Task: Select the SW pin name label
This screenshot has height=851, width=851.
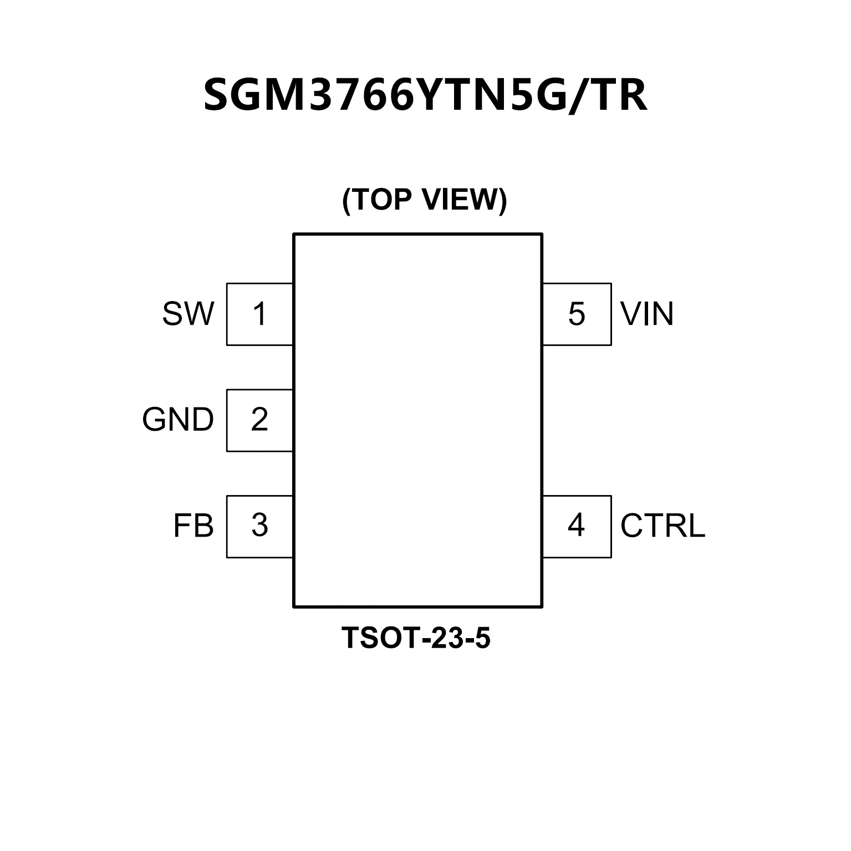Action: tap(188, 314)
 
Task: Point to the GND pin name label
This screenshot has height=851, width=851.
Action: tap(178, 420)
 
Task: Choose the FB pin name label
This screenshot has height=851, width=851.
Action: tap(193, 526)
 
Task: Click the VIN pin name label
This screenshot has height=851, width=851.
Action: tap(647, 314)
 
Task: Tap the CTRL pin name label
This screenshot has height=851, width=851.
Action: tap(663, 526)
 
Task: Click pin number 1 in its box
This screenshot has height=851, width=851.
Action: tap(259, 314)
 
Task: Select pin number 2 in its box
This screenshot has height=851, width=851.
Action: tap(259, 420)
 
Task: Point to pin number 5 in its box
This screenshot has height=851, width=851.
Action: tap(577, 314)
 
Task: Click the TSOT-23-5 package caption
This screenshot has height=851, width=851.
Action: tap(416, 638)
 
